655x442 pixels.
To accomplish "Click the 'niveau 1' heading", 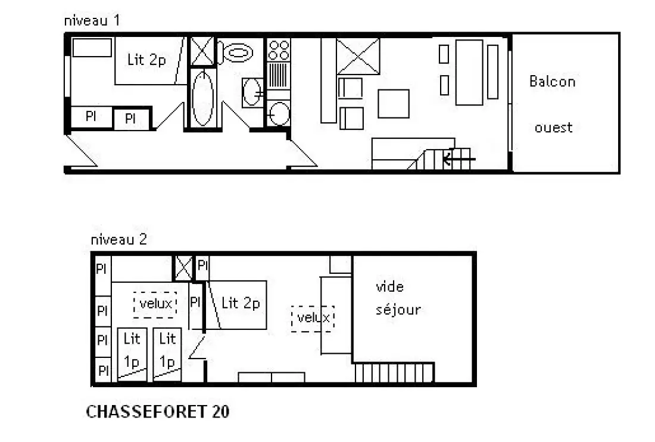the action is click(x=92, y=20).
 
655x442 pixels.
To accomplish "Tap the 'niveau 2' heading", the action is click(x=119, y=239).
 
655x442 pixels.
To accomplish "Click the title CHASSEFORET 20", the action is click(x=157, y=412).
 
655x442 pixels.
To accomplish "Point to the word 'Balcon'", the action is click(x=552, y=81).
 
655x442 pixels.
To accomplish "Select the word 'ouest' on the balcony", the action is click(x=554, y=127).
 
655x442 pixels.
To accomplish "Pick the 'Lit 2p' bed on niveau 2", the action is click(x=237, y=305).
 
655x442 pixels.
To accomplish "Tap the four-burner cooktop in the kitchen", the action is click(x=279, y=50).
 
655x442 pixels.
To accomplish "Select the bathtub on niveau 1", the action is click(x=202, y=98).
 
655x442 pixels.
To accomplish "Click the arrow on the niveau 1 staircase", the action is click(x=458, y=159).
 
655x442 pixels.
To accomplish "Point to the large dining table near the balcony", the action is click(x=469, y=72).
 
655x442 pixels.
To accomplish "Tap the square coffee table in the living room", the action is click(x=394, y=103).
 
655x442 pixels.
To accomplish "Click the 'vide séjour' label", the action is click(x=398, y=298).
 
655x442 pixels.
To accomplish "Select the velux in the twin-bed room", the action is click(x=155, y=304).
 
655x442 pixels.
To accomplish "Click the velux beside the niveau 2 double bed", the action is click(x=313, y=319).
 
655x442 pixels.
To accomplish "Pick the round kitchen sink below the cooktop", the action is click(x=279, y=113).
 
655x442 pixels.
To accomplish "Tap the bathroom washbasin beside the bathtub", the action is click(x=252, y=92).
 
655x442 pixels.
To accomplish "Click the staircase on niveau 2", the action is click(x=394, y=373).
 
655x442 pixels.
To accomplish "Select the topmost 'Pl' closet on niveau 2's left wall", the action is click(x=102, y=268).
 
